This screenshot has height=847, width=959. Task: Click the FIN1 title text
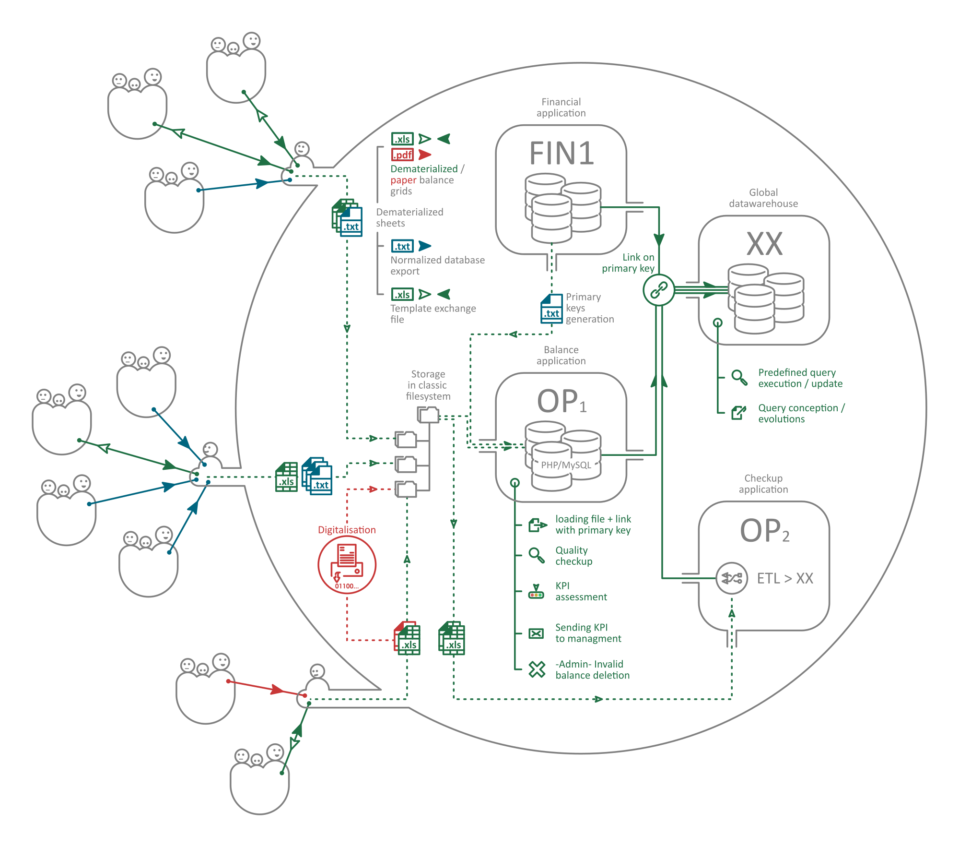click(561, 154)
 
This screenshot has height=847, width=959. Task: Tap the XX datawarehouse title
click(764, 244)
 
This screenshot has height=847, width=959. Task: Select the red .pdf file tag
click(402, 155)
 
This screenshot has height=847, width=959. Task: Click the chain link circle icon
click(659, 290)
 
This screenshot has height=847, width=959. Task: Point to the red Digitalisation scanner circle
click(347, 565)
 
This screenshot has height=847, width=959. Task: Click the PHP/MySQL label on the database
click(566, 465)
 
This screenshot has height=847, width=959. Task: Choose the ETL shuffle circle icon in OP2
click(731, 578)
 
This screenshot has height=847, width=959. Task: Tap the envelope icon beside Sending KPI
click(536, 633)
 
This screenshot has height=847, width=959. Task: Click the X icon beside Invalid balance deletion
click(537, 669)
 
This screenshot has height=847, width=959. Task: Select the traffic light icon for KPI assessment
click(536, 593)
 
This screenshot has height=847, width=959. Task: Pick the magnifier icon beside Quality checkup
click(536, 555)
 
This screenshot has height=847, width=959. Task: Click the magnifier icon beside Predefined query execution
click(739, 378)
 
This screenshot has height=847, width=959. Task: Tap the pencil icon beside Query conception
click(738, 413)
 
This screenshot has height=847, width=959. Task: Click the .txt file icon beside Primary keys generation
click(551, 310)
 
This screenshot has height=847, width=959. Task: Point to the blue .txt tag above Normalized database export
click(402, 246)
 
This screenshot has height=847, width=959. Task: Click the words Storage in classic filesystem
click(428, 385)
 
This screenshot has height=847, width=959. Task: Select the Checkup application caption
click(763, 484)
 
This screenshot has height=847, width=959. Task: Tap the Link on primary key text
click(628, 263)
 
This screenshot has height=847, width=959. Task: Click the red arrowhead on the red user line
click(277, 690)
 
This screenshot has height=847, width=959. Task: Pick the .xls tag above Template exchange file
click(402, 294)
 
